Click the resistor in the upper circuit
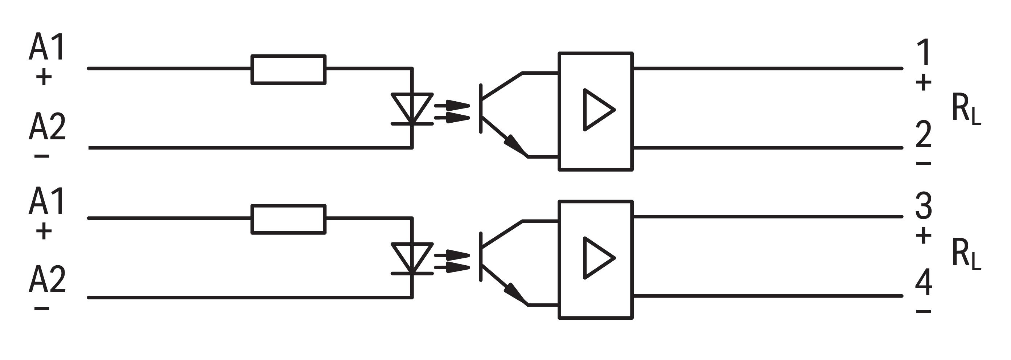pos(288,69)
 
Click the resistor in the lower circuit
pos(288,219)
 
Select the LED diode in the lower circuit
pos(412,258)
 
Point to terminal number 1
pos(924,53)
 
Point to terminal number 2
pos(924,134)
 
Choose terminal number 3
pos(924,206)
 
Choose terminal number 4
pos(924,282)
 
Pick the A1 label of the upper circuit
pos(47,47)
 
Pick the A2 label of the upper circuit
pos(47,126)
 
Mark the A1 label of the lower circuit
pos(47,201)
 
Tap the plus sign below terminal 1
pos(924,82)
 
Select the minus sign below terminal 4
pos(924,312)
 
